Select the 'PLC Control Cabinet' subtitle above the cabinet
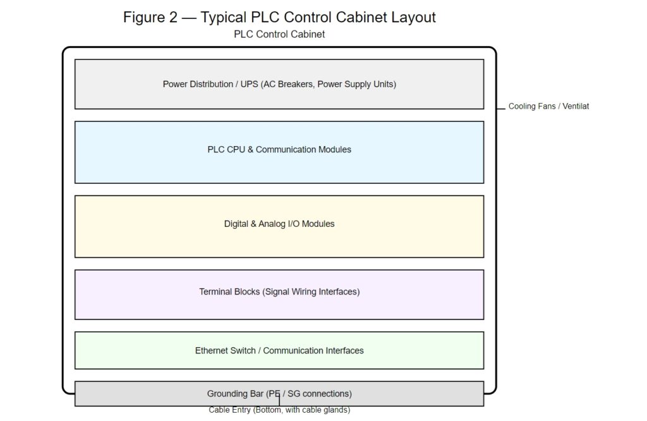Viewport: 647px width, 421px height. point(279,34)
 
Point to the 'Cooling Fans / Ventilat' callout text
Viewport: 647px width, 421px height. point(548,106)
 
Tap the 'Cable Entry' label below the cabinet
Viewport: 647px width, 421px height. point(279,410)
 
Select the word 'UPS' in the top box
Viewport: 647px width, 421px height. point(249,84)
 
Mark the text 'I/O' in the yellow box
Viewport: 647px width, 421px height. point(295,224)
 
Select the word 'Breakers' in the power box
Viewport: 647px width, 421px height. point(295,84)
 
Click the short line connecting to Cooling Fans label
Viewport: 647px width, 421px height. point(501,107)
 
